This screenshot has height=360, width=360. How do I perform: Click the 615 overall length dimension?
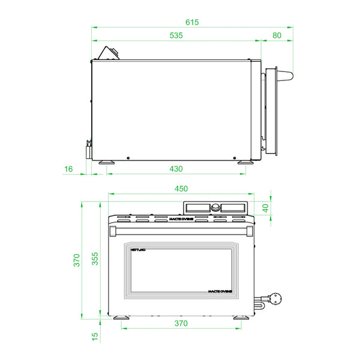click(x=191, y=22)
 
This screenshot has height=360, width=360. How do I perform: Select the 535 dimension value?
click(x=176, y=35)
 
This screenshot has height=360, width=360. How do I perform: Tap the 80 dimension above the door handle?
click(x=277, y=35)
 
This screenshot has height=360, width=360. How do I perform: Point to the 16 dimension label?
click(x=68, y=169)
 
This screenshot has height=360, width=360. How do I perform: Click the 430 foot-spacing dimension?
click(x=176, y=169)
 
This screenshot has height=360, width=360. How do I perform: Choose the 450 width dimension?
click(x=181, y=188)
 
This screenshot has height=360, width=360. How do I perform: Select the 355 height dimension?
click(x=95, y=259)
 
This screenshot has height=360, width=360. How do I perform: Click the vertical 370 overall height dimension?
click(x=76, y=260)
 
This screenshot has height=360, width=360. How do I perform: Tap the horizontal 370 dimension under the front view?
click(x=181, y=323)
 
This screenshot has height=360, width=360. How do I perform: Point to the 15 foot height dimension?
click(x=95, y=338)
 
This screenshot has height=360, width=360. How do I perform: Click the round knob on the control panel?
click(x=215, y=208)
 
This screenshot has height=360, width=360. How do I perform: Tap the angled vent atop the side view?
click(x=109, y=53)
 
